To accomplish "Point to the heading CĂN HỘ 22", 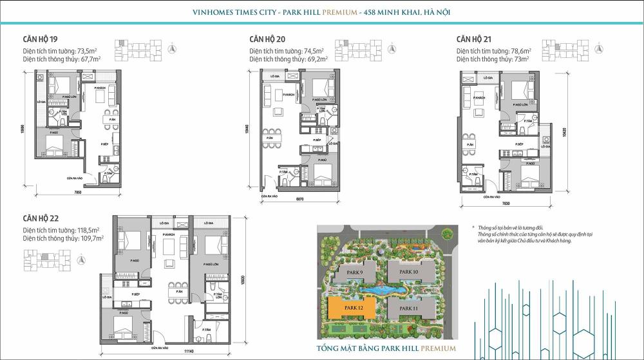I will (x=41, y=217).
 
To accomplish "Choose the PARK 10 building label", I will (x=409, y=272).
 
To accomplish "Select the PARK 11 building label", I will (x=409, y=308).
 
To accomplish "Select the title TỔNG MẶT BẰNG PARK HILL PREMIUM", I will (x=386, y=348).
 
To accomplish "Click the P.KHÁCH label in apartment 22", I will (x=169, y=234).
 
